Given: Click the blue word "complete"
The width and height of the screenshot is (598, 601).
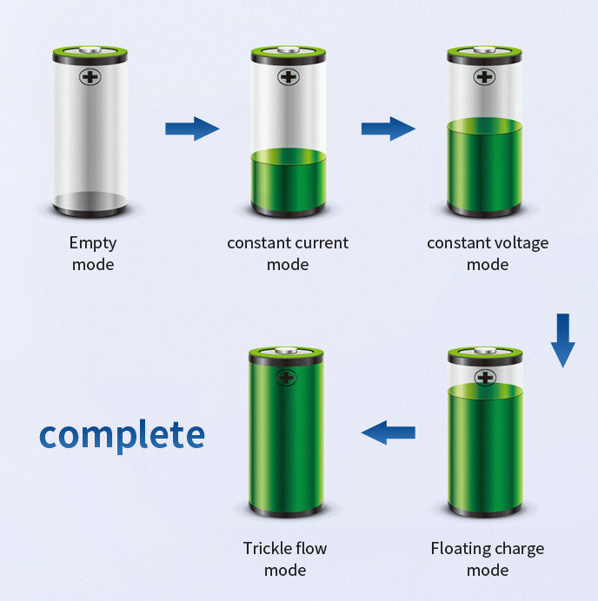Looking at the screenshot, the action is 122,436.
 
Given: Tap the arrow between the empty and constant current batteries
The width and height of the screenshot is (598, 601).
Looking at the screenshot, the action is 192,129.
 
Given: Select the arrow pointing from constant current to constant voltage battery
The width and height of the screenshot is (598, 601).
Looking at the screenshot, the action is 389,129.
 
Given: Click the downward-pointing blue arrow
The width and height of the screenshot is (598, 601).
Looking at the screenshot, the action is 562,340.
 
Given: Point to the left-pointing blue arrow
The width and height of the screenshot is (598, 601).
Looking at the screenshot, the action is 389,433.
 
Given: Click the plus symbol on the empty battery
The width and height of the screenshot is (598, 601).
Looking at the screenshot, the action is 90,77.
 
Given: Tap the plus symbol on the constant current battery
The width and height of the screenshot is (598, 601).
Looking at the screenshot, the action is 289,77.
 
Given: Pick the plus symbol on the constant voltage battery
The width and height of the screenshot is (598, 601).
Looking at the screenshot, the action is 484,77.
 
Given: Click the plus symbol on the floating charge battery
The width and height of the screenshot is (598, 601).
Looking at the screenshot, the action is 485,378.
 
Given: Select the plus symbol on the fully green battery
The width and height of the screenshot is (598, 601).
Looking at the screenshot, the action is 286,378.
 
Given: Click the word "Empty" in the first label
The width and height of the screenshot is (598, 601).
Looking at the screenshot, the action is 93,244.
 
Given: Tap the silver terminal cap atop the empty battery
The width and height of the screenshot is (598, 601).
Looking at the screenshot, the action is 90,50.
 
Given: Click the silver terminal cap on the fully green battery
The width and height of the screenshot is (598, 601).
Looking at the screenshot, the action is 286,350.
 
